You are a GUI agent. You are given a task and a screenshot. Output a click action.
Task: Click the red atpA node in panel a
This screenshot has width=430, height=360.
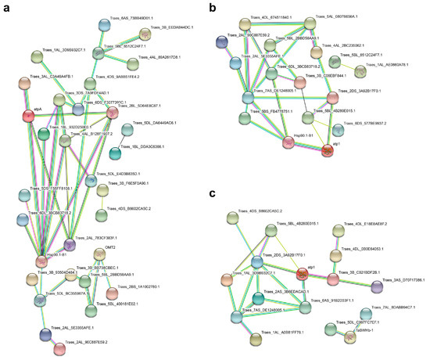27,116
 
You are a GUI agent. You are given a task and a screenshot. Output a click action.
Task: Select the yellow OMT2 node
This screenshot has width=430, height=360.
99,254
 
